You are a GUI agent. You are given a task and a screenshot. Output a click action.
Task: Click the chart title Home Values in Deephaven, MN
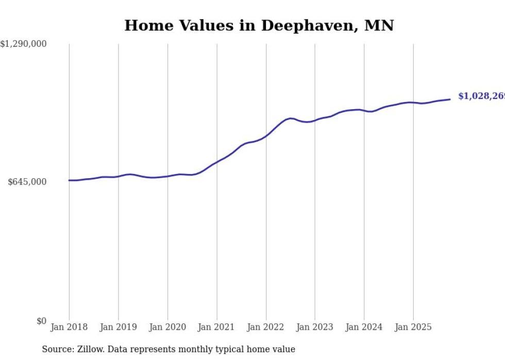tap(259, 25)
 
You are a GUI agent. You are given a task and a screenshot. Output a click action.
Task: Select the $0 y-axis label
tap(41, 321)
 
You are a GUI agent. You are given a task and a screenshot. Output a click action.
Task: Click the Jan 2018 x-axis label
tap(69, 327)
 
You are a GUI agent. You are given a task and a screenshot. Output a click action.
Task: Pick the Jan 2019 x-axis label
tap(119, 327)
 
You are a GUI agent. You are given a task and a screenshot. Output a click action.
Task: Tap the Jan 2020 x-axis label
tap(167, 327)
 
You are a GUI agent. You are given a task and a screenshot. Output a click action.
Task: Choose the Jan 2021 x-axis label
tap(216, 327)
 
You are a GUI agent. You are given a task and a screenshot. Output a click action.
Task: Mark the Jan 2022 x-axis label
tap(266, 327)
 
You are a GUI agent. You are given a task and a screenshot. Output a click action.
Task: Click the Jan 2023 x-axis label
tap(315, 327)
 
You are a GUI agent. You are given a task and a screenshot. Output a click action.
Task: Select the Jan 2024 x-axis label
tap(364, 327)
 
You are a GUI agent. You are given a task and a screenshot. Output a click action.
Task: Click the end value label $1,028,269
tap(481, 96)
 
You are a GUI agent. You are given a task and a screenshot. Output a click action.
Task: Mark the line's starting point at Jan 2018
tap(69, 180)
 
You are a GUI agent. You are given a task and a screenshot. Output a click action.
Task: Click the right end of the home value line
tap(450, 99)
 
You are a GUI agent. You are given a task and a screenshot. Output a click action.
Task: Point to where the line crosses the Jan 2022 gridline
tap(266, 136)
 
